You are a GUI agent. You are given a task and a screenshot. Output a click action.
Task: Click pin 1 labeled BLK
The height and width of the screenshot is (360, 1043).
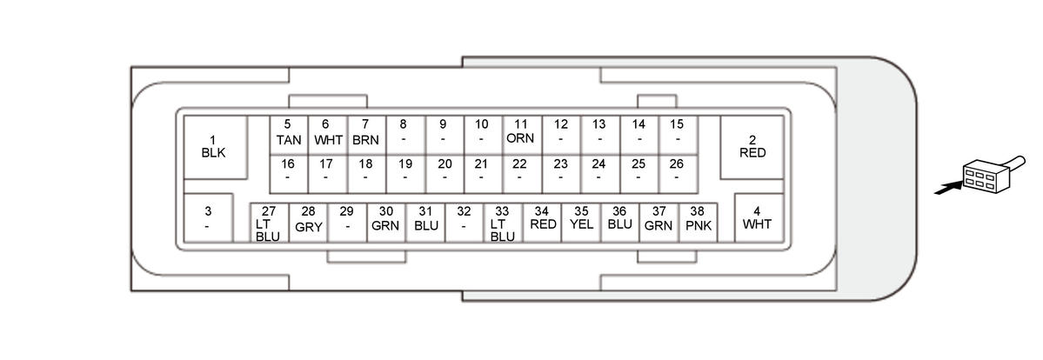(213, 146)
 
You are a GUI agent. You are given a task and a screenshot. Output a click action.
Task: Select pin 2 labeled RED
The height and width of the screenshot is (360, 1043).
(752, 146)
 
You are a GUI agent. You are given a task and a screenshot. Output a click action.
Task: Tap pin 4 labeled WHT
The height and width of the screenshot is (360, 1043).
(757, 217)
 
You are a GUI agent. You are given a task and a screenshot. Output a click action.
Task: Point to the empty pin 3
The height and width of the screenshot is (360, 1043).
(208, 217)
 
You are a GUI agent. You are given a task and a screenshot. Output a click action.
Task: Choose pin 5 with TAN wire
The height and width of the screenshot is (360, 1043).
(288, 132)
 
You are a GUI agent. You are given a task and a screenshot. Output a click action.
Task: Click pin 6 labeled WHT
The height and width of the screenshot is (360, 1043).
(327, 132)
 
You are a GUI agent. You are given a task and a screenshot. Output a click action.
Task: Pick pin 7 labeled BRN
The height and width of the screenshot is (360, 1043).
(365, 132)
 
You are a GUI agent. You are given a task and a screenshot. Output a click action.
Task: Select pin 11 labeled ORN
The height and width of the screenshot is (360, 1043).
(520, 132)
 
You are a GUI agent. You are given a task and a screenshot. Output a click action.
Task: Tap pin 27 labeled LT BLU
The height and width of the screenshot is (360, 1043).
(269, 223)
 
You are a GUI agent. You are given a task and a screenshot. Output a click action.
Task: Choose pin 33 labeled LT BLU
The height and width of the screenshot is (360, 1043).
(503, 223)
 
